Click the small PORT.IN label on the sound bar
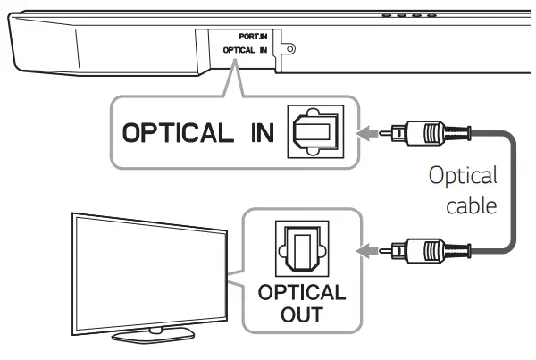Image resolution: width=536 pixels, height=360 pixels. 253,38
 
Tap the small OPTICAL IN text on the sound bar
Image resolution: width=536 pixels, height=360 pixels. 247,52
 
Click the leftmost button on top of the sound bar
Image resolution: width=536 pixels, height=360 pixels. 387,14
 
